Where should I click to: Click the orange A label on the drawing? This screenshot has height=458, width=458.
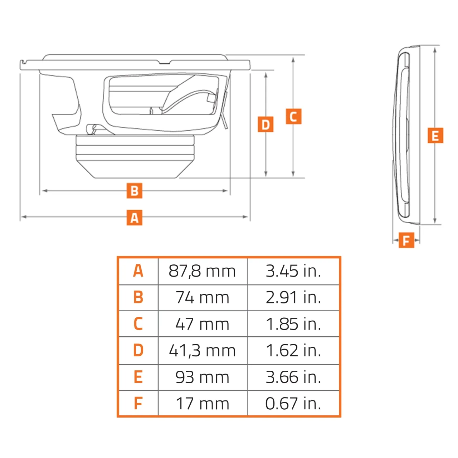[134, 218]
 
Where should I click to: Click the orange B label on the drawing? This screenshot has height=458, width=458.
[134, 191]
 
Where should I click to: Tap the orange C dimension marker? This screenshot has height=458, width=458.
[293, 116]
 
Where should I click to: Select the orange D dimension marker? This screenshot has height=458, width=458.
[265, 124]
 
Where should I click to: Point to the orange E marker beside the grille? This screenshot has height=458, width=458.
[435, 136]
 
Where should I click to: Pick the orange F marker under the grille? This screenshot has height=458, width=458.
[406, 240]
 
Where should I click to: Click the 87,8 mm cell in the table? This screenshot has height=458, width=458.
[202, 271]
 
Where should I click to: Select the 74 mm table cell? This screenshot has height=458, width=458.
[202, 298]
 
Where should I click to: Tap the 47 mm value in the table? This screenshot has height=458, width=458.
[202, 325]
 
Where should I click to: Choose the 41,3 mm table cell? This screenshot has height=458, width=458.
[202, 351]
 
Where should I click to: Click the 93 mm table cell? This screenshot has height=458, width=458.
[202, 377]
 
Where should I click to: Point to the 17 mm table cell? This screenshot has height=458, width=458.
[202, 404]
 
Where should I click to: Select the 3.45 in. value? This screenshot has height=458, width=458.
[293, 271]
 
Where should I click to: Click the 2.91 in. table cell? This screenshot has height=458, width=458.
[293, 298]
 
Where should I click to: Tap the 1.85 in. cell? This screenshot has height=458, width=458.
[293, 325]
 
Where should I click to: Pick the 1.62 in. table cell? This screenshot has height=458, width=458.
[293, 351]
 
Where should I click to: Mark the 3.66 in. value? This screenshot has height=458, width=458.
[293, 377]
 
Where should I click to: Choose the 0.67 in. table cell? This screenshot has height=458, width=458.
[293, 404]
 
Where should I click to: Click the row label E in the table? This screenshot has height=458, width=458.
[138, 377]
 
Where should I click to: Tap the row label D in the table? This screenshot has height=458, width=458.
[138, 351]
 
